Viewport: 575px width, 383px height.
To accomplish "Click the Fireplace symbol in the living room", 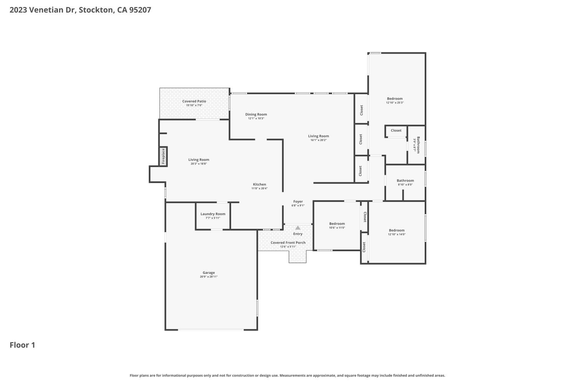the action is (x=163, y=156).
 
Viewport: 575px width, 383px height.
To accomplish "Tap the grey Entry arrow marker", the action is (x=298, y=228).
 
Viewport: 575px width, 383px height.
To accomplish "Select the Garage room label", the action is (x=209, y=273).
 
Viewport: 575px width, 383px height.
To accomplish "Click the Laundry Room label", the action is (x=213, y=214).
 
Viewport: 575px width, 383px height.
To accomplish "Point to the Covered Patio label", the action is (x=194, y=101).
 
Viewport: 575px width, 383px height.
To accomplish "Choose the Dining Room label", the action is (x=256, y=115).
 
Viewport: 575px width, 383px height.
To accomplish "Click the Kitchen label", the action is (x=260, y=184).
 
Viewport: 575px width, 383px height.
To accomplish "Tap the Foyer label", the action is (x=298, y=201).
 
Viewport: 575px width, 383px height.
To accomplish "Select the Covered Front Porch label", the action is (x=288, y=243).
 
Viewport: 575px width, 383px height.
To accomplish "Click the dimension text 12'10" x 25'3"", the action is (x=395, y=103).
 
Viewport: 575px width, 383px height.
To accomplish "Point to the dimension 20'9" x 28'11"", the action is (x=209, y=277).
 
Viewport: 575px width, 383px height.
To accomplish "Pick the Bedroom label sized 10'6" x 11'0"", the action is (x=337, y=224).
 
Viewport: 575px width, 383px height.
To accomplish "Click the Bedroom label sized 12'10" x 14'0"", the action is (x=397, y=230).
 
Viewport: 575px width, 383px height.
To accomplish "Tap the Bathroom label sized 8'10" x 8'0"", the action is (x=405, y=181).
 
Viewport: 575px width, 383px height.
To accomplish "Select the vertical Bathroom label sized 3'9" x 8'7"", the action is (x=419, y=145).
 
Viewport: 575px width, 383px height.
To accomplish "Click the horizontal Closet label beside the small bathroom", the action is (x=396, y=131).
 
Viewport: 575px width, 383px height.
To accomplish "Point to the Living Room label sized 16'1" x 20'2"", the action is (x=319, y=136).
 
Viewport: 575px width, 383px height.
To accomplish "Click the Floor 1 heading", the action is (x=22, y=345).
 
